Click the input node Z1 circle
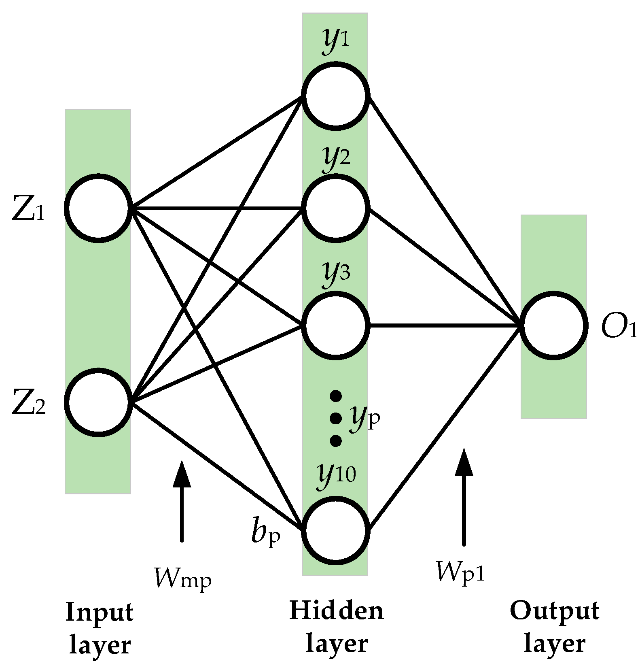point(99,209)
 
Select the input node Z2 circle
point(99,402)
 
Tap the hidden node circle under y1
point(336,96)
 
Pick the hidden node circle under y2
point(336,208)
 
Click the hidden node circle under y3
point(336,325)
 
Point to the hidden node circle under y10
point(336,531)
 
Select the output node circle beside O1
point(553,325)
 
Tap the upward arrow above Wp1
point(464,496)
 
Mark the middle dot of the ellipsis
point(336,418)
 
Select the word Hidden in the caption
point(336,611)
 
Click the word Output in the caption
point(554,611)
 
